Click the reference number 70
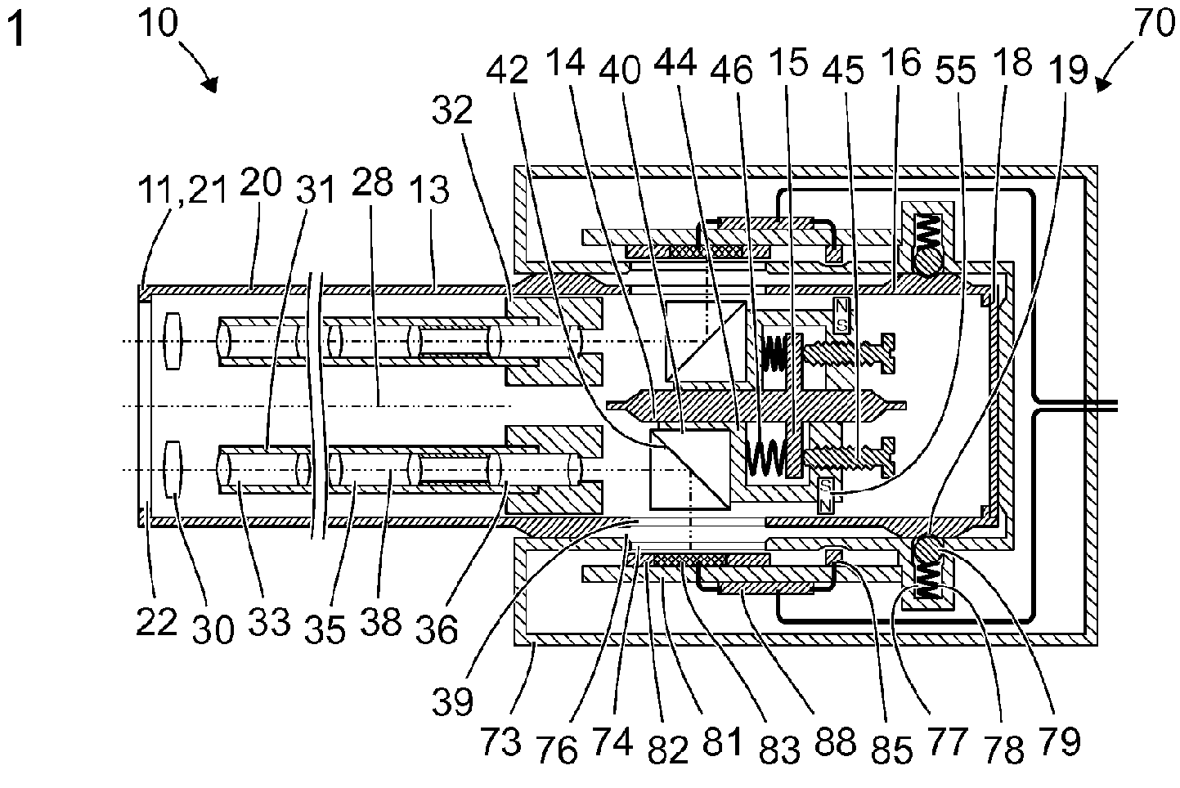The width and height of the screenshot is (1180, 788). (1153, 25)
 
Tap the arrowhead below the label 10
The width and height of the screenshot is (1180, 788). (211, 85)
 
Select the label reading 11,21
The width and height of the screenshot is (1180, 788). (182, 190)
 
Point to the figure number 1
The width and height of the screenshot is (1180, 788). (16, 30)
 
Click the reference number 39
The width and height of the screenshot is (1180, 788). (452, 701)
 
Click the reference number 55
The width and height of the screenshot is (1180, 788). (956, 70)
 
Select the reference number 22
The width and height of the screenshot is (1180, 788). (156, 622)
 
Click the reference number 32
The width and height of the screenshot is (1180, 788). (452, 110)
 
